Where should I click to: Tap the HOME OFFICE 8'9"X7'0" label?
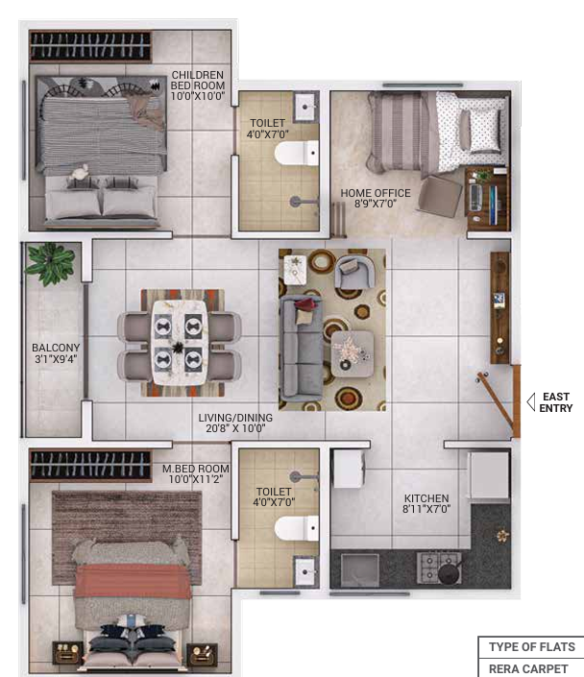376,198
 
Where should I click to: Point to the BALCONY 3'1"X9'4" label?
56,353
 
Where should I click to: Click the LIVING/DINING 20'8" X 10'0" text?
235,423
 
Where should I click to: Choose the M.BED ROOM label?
196,473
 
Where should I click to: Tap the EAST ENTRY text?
556,402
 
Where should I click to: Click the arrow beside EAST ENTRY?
531,402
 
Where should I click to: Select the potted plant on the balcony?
50,263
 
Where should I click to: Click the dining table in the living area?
180,343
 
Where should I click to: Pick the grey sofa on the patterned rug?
301,348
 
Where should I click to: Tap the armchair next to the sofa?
354,272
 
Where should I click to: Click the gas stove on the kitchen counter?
438,567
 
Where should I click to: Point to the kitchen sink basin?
360,570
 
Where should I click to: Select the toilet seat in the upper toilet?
297,153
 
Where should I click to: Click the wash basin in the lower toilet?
306,571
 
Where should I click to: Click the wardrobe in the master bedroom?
90,466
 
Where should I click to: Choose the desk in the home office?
487,198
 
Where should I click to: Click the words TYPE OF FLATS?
532,646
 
